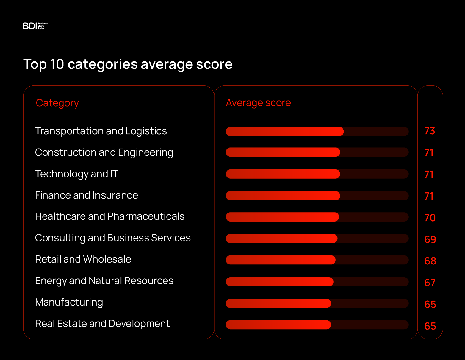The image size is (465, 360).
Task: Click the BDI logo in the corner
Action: (x=35, y=26)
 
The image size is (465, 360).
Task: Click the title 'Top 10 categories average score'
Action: (x=128, y=64)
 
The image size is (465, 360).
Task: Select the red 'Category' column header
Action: (x=57, y=103)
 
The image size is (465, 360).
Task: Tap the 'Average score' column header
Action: (x=258, y=103)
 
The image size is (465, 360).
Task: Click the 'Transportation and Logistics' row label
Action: (x=101, y=131)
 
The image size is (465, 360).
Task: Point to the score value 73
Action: (x=430, y=131)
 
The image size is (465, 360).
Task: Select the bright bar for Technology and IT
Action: (x=283, y=174)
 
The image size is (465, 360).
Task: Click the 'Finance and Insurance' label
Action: (x=86, y=195)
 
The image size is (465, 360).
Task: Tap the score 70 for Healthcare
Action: (x=430, y=218)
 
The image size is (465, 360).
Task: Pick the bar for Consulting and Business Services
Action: (x=281, y=239)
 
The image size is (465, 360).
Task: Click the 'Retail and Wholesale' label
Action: (x=83, y=259)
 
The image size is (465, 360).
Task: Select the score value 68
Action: (x=430, y=261)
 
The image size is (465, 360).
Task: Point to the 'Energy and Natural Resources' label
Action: (x=104, y=281)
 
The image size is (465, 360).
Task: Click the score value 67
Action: (x=430, y=283)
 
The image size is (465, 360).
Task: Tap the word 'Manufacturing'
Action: (x=69, y=302)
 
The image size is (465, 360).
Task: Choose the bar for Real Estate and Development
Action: (x=278, y=325)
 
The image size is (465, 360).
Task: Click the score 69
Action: (x=430, y=239)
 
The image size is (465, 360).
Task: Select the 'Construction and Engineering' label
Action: (x=104, y=152)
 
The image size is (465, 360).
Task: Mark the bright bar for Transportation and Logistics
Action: (x=284, y=132)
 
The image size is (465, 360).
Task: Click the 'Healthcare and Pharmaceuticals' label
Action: (x=109, y=216)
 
